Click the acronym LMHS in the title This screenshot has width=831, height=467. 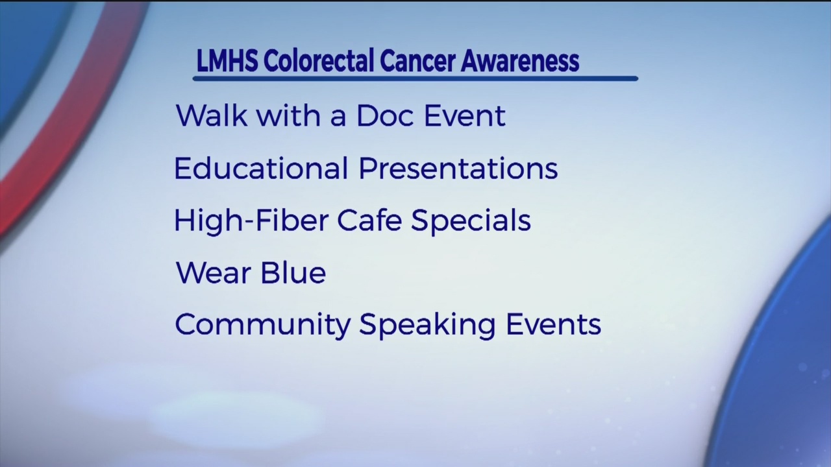click(227, 61)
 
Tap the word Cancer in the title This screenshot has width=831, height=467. click(417, 61)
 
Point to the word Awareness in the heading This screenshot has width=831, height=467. click(520, 61)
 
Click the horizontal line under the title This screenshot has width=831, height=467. click(415, 78)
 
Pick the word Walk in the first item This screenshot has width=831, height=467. click(212, 115)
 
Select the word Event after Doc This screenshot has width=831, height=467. click(465, 115)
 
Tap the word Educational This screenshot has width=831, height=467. click(261, 168)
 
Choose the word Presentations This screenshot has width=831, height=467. click(458, 168)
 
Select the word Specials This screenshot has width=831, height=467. click(471, 221)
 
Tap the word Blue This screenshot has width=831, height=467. click(293, 272)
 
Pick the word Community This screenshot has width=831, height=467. click(263, 325)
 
